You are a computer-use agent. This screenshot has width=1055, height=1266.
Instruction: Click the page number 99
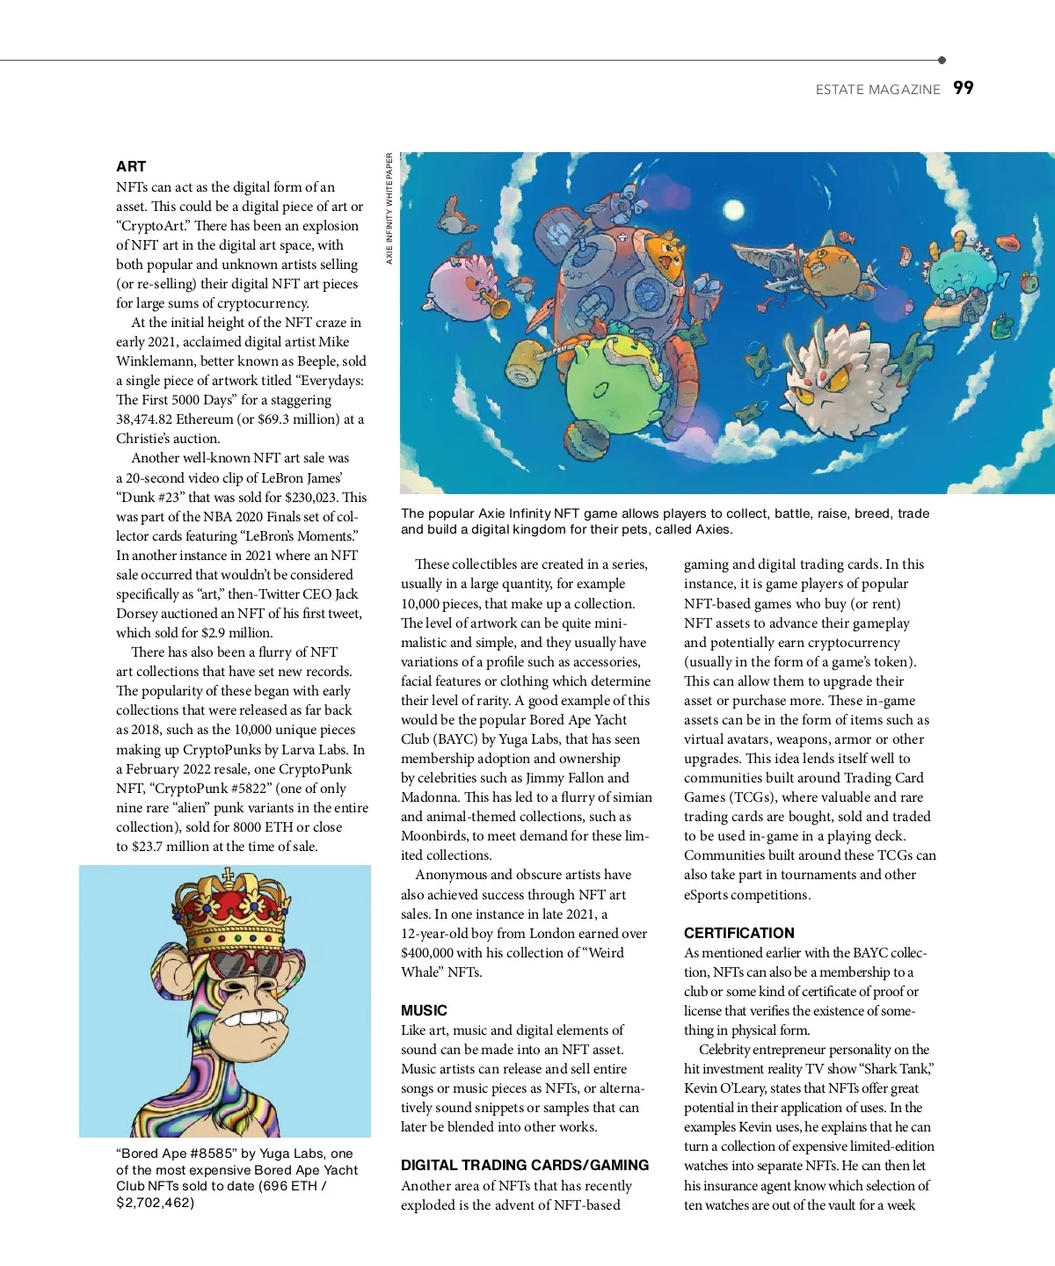(964, 88)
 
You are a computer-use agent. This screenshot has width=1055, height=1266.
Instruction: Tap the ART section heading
(131, 166)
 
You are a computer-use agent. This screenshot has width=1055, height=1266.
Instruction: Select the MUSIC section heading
(424, 1010)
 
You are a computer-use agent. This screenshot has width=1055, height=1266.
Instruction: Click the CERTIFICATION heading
(738, 933)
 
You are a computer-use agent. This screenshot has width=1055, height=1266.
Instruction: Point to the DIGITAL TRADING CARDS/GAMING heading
(525, 1165)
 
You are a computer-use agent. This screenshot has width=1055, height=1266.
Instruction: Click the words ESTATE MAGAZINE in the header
(877, 89)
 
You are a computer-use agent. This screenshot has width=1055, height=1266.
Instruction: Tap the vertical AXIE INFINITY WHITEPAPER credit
(389, 208)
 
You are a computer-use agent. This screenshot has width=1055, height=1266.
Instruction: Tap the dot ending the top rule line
(942, 61)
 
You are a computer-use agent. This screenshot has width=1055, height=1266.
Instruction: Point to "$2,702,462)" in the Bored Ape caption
(155, 1202)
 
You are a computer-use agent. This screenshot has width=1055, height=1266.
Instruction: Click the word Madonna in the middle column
(430, 797)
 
